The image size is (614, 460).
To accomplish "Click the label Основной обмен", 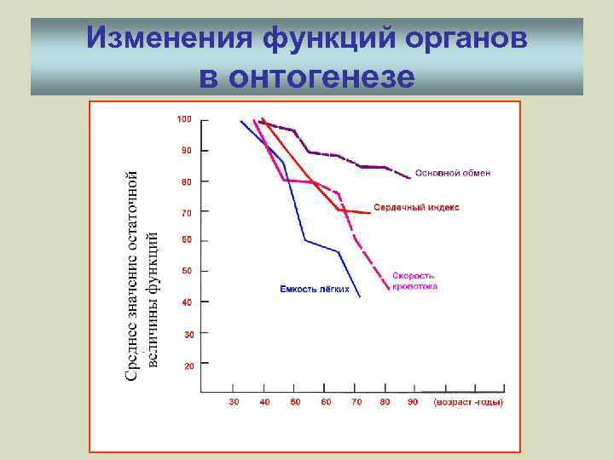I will coord(453,174).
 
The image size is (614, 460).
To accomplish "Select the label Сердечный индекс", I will coord(416,207).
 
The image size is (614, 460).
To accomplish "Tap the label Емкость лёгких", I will coord(314,290).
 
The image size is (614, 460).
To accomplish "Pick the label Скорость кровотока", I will coord(415,281).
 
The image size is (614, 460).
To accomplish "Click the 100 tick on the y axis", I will coord(184,119).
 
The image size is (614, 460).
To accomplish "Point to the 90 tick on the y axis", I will coord(186,150).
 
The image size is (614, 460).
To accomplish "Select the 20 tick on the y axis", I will coord(188,365).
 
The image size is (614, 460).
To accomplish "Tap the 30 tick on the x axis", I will coord(235,402).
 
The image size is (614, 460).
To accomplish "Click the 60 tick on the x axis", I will coord(326,402).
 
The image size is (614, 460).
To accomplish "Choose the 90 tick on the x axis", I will coord(413,402).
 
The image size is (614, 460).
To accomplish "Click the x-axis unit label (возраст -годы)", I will coord(468,402).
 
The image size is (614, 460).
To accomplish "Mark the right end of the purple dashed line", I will coord(410,178).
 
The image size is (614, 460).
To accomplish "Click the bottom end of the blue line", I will coord(360,296).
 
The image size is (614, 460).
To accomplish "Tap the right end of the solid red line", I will coord(370,213).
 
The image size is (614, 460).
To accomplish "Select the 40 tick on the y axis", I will coord(187,302).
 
